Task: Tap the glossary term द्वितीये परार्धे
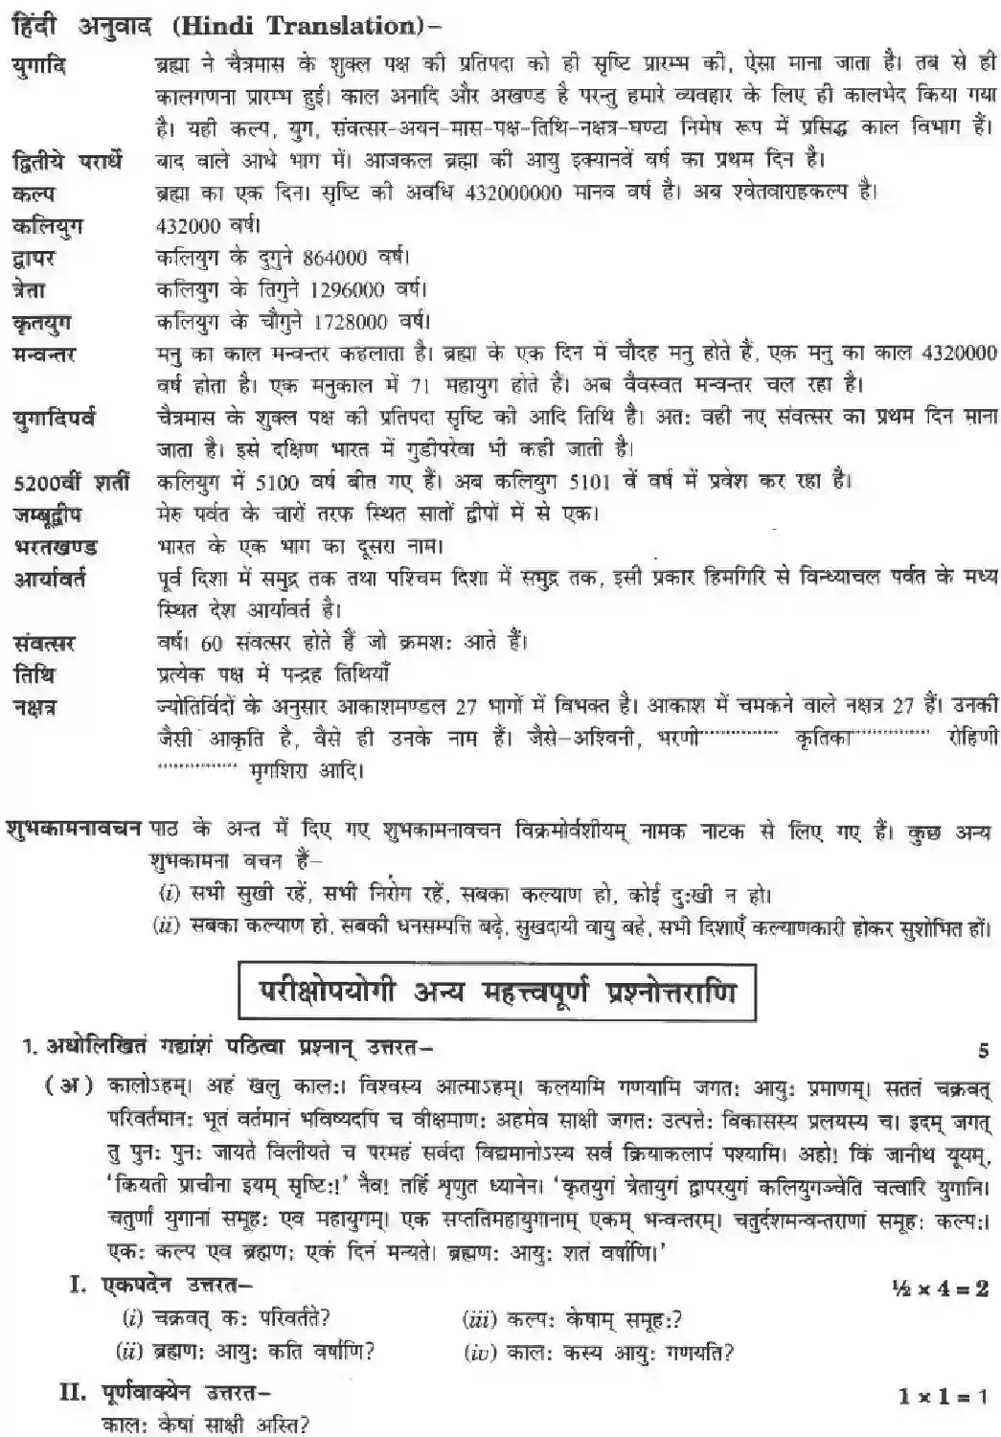click(67, 160)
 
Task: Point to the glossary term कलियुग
click(47, 225)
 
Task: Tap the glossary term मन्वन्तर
click(45, 354)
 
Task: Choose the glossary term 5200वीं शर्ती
click(71, 481)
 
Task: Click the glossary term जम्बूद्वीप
click(47, 514)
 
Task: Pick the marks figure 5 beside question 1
click(983, 1050)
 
